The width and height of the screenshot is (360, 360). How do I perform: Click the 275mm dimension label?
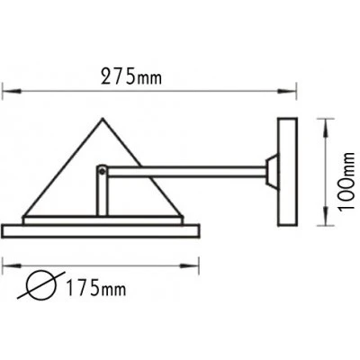[x=131, y=76]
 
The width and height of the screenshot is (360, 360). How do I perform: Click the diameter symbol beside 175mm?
[x=41, y=285]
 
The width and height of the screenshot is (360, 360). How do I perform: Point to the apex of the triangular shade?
[x=103, y=119]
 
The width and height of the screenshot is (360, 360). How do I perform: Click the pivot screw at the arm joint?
[x=102, y=171]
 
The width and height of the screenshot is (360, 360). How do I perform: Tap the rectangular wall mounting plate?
[x=287, y=172]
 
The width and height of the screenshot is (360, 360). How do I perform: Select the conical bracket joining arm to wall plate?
[x=272, y=172]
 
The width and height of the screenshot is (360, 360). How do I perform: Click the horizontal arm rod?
[x=186, y=171]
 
